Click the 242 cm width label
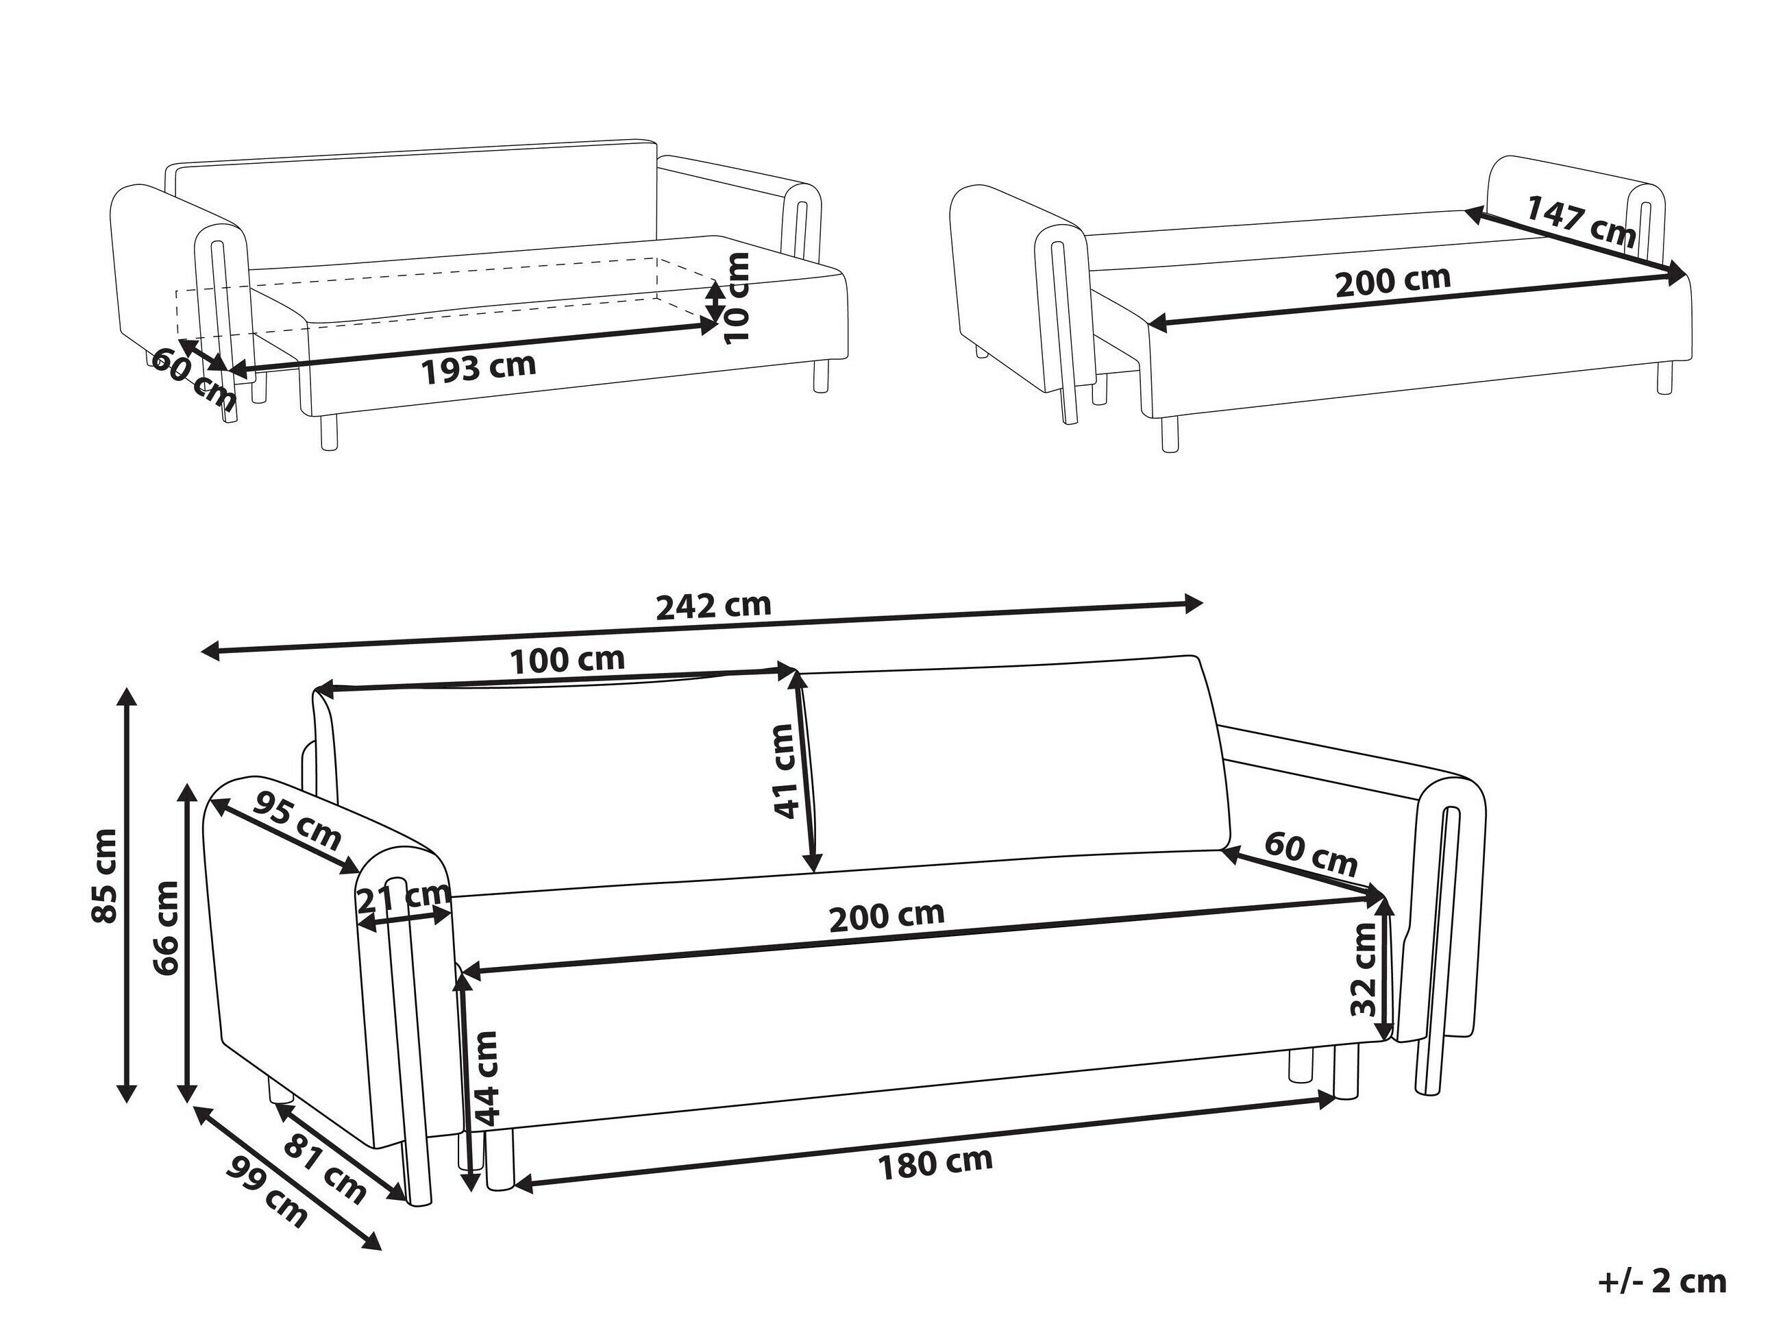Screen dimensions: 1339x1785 [713, 604]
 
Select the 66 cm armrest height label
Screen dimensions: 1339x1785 [167, 928]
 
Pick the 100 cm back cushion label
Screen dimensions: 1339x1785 [568, 660]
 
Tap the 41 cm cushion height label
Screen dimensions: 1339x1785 [784, 771]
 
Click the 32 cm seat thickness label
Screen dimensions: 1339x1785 [1363, 970]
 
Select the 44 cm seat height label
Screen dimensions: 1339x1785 [487, 1077]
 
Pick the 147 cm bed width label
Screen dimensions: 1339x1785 [1580, 222]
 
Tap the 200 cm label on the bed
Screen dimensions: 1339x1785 [1393, 281]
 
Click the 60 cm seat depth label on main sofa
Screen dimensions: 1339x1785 [1312, 854]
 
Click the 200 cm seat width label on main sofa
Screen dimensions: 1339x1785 [887, 916]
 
